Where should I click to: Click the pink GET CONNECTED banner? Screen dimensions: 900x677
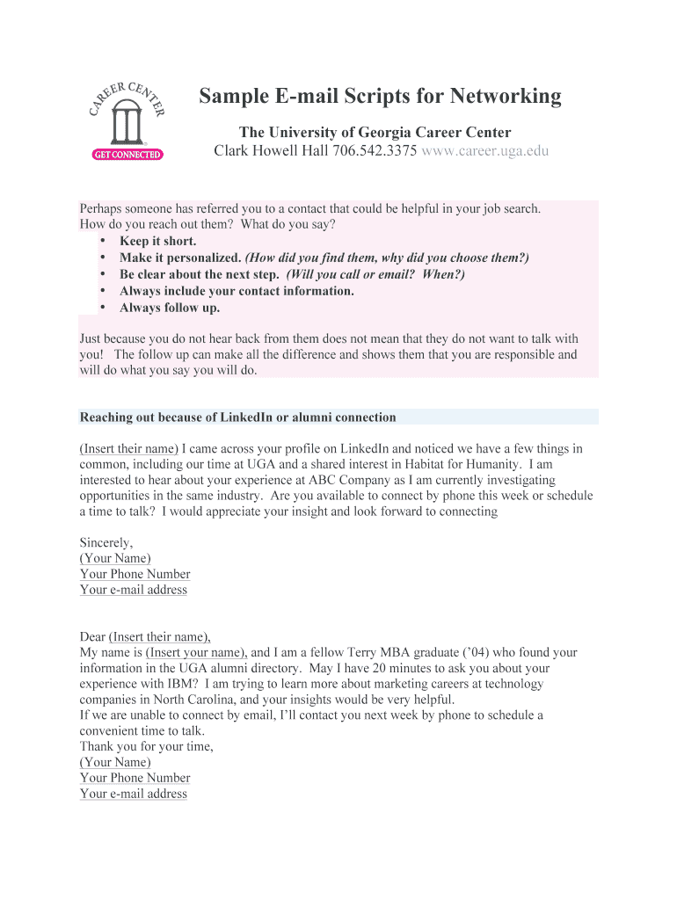[127, 154]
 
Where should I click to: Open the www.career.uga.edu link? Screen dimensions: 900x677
[485, 151]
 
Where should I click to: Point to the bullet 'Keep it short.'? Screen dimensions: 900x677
[158, 241]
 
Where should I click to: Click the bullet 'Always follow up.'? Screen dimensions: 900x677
[170, 308]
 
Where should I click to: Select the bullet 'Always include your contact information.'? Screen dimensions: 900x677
[237, 291]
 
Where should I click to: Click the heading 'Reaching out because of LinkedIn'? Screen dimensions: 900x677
[237, 417]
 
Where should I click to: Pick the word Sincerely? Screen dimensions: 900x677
[106, 542]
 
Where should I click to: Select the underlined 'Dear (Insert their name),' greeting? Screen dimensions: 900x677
[145, 637]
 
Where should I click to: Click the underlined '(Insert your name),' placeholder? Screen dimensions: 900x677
[197, 653]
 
